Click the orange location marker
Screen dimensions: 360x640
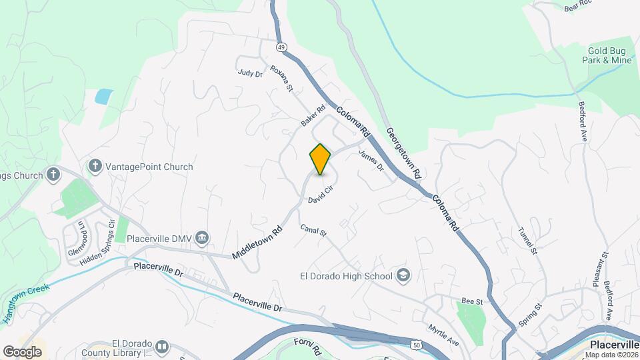point(320,159)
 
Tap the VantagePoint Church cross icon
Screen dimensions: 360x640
point(95,167)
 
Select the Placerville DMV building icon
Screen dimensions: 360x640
point(203,238)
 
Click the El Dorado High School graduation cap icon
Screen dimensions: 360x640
point(403,275)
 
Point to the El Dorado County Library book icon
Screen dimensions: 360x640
point(162,347)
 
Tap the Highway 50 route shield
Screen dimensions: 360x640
point(416,345)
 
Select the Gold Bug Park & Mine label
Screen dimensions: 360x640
point(609,55)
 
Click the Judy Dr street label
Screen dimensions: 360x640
point(250,73)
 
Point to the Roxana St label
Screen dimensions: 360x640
point(281,77)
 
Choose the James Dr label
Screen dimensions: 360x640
point(371,160)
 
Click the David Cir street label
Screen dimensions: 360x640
point(320,195)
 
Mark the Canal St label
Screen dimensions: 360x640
point(313,231)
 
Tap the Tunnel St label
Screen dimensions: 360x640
point(527,240)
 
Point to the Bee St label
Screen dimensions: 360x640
point(472,301)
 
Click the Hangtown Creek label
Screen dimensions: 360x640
point(26,303)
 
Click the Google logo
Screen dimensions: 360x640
point(22,351)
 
